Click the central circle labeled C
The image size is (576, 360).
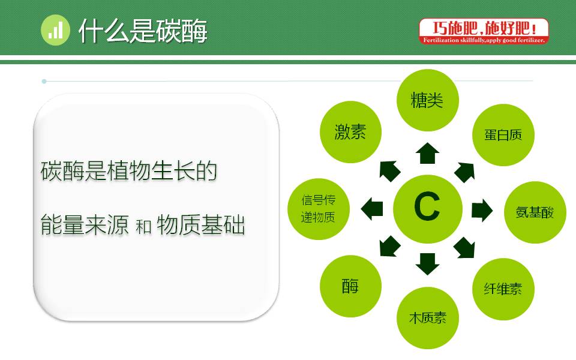(427, 208)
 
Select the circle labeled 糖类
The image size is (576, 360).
(427, 100)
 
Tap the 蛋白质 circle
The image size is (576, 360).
(503, 135)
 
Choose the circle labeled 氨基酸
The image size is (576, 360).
(535, 212)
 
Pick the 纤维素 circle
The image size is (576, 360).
(503, 289)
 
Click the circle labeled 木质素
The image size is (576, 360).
(427, 318)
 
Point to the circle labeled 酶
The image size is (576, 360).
(351, 286)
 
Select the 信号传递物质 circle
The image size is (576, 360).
(326, 208)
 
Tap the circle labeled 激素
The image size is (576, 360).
(350, 132)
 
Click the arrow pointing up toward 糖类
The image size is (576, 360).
(427, 154)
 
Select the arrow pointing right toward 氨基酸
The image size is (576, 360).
(481, 211)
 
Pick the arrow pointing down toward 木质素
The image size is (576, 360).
(427, 263)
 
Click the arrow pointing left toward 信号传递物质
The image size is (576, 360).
(373, 208)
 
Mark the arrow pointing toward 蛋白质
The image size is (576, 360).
(465, 172)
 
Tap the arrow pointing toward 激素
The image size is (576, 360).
(389, 170)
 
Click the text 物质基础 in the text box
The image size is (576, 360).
(200, 226)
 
